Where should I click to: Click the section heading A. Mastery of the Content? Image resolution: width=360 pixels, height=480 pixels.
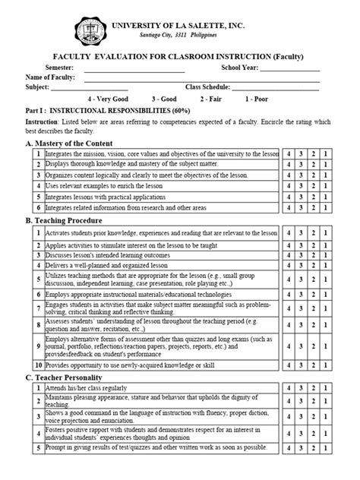(x=69, y=143)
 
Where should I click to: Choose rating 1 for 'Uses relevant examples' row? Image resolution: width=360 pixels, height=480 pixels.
(x=326, y=185)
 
